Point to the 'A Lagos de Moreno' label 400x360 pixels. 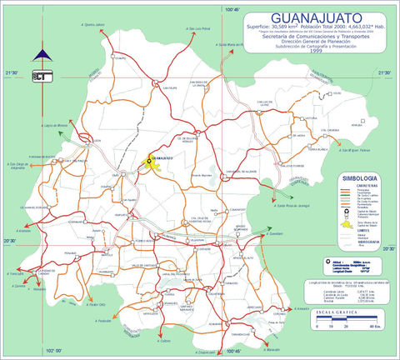[x=53, y=123]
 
